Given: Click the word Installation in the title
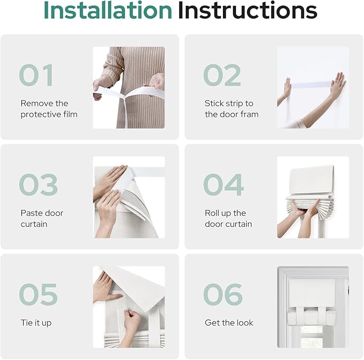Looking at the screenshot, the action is (x=108, y=10).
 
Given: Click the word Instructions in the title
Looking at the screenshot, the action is (x=248, y=10).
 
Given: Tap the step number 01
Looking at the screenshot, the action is (x=36, y=75).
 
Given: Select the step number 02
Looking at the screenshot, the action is (x=222, y=75).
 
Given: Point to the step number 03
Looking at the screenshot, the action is (x=38, y=185).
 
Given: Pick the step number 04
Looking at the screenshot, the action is (x=224, y=185).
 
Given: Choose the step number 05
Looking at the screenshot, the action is (x=38, y=294).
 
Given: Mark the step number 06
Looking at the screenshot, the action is (x=223, y=294).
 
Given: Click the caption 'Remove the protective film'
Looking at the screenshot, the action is (x=49, y=109).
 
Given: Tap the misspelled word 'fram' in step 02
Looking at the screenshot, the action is (x=250, y=114).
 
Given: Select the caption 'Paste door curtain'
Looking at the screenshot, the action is (x=42, y=219).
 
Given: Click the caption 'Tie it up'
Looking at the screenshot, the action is (x=36, y=323).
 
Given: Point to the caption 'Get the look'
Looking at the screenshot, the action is (x=229, y=322).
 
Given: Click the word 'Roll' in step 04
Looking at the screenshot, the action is (x=210, y=213).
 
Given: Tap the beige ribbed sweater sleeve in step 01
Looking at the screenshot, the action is (x=113, y=65).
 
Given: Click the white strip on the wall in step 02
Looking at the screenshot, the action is (x=311, y=85).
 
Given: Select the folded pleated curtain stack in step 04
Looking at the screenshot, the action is (x=310, y=206).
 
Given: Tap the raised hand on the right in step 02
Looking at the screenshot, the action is (x=338, y=84).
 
